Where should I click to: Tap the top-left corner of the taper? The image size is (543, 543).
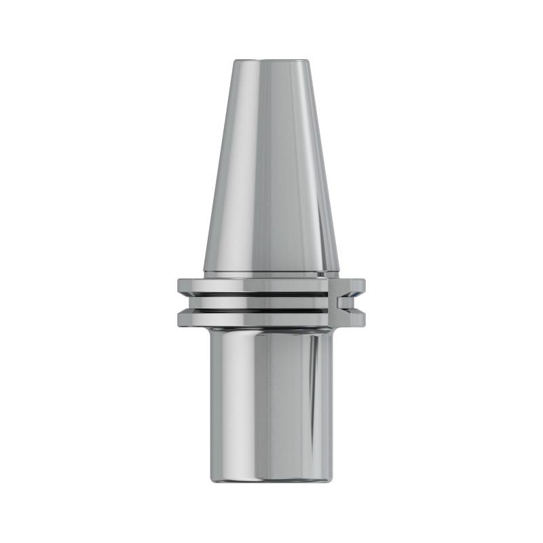point(235,62)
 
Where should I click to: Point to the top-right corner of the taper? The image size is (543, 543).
point(308,62)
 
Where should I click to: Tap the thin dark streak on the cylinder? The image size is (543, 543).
point(314,380)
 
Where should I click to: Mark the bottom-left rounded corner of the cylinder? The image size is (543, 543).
point(213,479)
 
